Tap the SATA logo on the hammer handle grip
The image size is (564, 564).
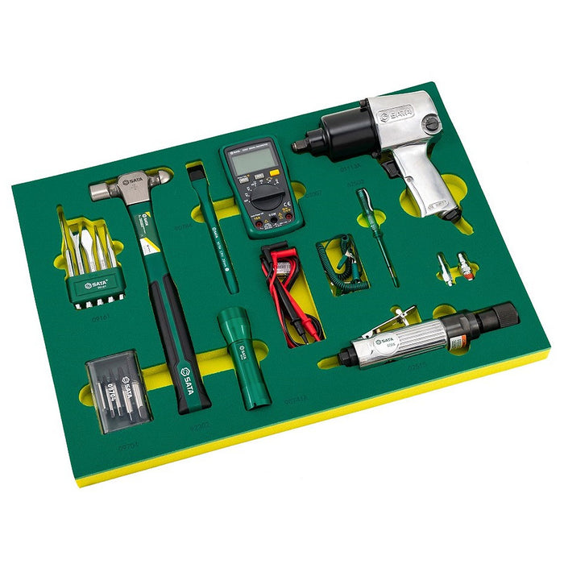185,374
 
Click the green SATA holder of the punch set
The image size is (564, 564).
97,287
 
